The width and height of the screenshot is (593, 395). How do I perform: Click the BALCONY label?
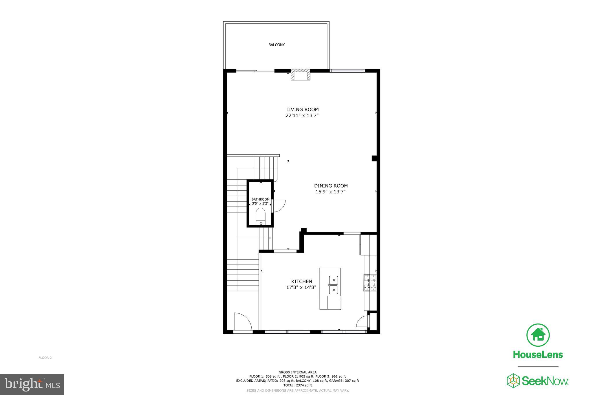coord(277,45)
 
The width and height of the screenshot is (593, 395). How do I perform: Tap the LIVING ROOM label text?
coord(302,109)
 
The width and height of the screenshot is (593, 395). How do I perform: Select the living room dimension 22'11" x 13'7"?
coord(302,115)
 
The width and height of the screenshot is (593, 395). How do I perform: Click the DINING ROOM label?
coord(331,186)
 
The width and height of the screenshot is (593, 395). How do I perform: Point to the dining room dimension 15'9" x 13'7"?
coord(330,192)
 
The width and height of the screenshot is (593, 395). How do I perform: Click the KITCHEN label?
coord(301,281)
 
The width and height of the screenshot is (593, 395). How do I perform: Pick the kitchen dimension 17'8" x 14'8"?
coord(301,287)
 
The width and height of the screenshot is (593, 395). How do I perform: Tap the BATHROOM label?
coord(260,199)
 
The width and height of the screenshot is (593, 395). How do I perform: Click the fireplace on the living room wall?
coord(301,75)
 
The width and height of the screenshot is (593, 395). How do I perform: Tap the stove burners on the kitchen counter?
coord(370,283)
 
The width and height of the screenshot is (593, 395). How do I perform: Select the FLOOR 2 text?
coord(45,358)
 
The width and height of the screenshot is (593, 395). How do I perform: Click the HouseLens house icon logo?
coord(538,335)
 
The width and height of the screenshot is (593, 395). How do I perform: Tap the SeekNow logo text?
coord(544,381)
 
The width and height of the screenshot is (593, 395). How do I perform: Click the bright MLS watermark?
coord(32,384)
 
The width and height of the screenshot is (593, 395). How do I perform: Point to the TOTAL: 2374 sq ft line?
coord(297,385)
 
